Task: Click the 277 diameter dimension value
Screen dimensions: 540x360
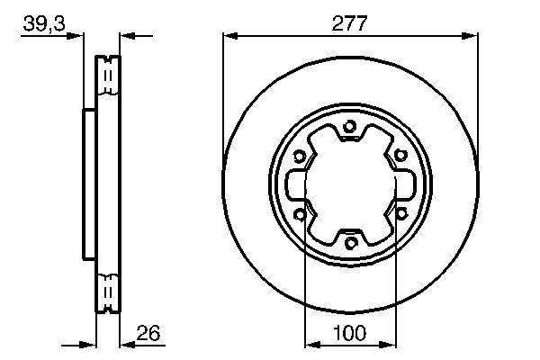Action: pyautogui.click(x=349, y=23)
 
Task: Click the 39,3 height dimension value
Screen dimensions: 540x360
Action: pyautogui.click(x=44, y=23)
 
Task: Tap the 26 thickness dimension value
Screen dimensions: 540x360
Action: pyautogui.click(x=148, y=333)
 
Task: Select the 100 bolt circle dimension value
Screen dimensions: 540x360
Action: pyautogui.click(x=349, y=333)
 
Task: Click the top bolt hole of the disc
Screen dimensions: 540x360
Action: pyautogui.click(x=349, y=126)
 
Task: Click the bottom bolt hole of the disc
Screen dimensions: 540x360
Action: pyautogui.click(x=350, y=243)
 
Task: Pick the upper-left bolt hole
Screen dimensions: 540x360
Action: pyautogui.click(x=300, y=157)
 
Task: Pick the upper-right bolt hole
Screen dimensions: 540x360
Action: pyautogui.click(x=400, y=155)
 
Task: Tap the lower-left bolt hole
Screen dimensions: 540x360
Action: pyautogui.click(x=300, y=215)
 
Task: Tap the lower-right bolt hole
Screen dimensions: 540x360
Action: pyautogui.click(x=401, y=213)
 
